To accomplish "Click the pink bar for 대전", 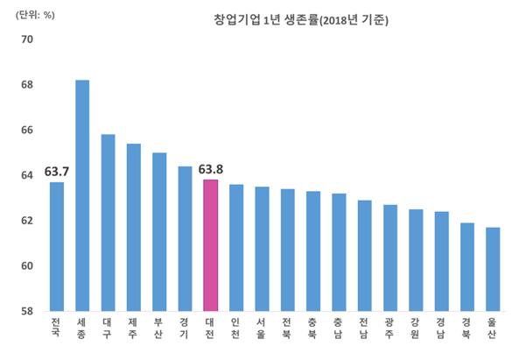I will pos(211,245).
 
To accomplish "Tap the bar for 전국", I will pos(57,246).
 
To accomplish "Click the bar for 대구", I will pos(109,222).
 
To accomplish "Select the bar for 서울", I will pos(262,249).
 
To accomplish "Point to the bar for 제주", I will pos(134,227).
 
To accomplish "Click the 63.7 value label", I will pos(57,171).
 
